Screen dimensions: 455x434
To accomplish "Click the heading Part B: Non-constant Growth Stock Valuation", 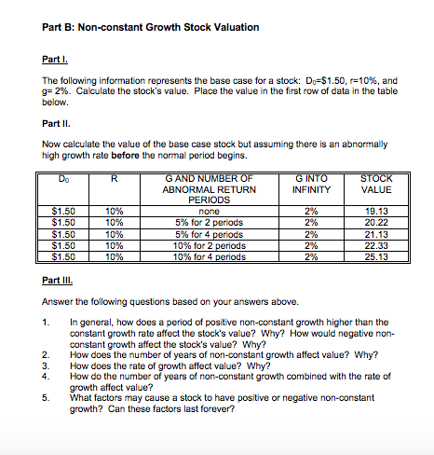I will [x=151, y=28].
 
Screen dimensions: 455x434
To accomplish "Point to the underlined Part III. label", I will [x=58, y=281].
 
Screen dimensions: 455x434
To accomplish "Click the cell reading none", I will [x=196, y=212].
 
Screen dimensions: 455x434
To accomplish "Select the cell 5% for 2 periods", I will [x=196, y=222].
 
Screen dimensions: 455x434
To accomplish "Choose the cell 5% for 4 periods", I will [x=196, y=232].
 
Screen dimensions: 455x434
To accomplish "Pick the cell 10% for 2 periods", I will [x=196, y=242].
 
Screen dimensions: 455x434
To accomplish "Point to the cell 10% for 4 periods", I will [x=196, y=253].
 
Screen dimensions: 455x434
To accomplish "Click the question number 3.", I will [x=46, y=364].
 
